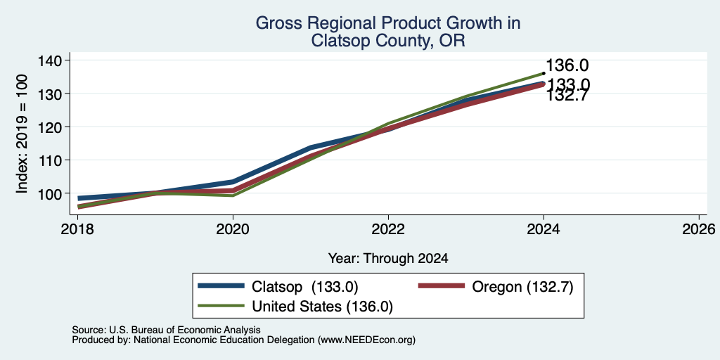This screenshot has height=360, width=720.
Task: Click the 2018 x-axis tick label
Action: tap(77, 229)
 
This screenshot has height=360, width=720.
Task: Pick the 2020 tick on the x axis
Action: tap(233, 229)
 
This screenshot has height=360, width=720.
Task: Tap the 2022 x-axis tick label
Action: tap(388, 229)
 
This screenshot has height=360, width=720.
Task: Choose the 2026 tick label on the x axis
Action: tap(699, 229)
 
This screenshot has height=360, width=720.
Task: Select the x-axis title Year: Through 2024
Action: tap(388, 258)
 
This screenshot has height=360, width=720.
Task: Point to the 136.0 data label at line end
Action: tap(567, 65)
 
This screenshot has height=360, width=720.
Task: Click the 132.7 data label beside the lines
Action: tap(567, 95)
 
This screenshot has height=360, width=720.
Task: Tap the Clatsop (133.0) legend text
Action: tap(305, 287)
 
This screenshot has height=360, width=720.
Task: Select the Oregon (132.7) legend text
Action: tap(522, 287)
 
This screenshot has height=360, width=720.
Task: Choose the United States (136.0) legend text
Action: tap(322, 307)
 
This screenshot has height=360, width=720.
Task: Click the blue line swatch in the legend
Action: tap(220, 286)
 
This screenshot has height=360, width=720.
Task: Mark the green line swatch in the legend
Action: tap(220, 306)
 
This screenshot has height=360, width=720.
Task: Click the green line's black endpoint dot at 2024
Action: tap(544, 73)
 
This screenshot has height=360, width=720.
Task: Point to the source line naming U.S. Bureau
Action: tap(166, 330)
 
